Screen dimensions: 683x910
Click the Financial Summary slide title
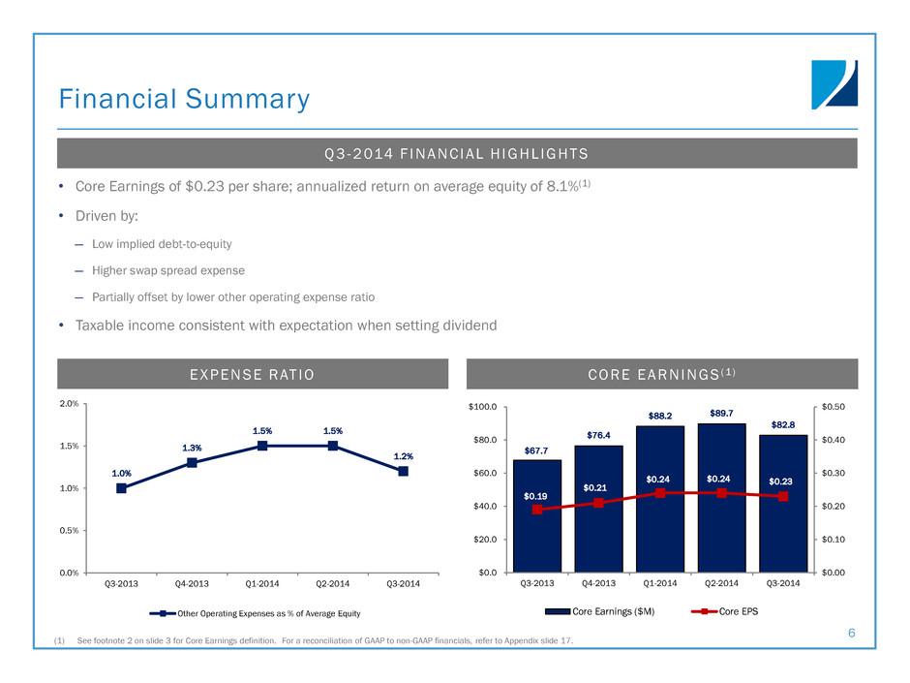pos(184,100)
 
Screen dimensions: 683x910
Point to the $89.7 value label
pos(721,414)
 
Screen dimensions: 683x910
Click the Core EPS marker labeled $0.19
pos(537,510)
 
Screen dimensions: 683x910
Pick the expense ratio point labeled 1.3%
pos(192,463)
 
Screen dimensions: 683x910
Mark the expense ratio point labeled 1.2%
pos(403,471)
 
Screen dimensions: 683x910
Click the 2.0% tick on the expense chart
pos(70,404)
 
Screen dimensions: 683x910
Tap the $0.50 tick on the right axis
pos(832,407)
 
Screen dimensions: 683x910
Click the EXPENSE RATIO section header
pos(253,374)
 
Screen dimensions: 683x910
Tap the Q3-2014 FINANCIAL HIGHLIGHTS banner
pos(457,153)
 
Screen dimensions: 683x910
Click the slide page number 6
pos(851,633)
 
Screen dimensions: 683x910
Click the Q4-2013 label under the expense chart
pos(192,583)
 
